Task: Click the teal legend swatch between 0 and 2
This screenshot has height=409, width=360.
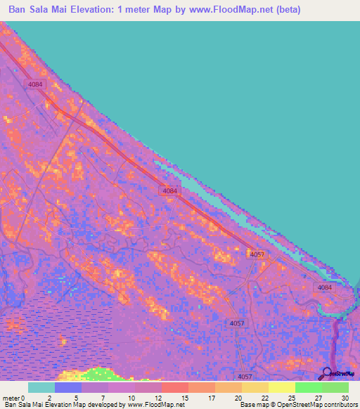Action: tap(41, 387)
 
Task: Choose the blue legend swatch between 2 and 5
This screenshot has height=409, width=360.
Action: tap(68, 387)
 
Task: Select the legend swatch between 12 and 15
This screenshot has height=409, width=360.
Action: tap(175, 387)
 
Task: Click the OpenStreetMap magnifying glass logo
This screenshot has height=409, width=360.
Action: tap(327, 372)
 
